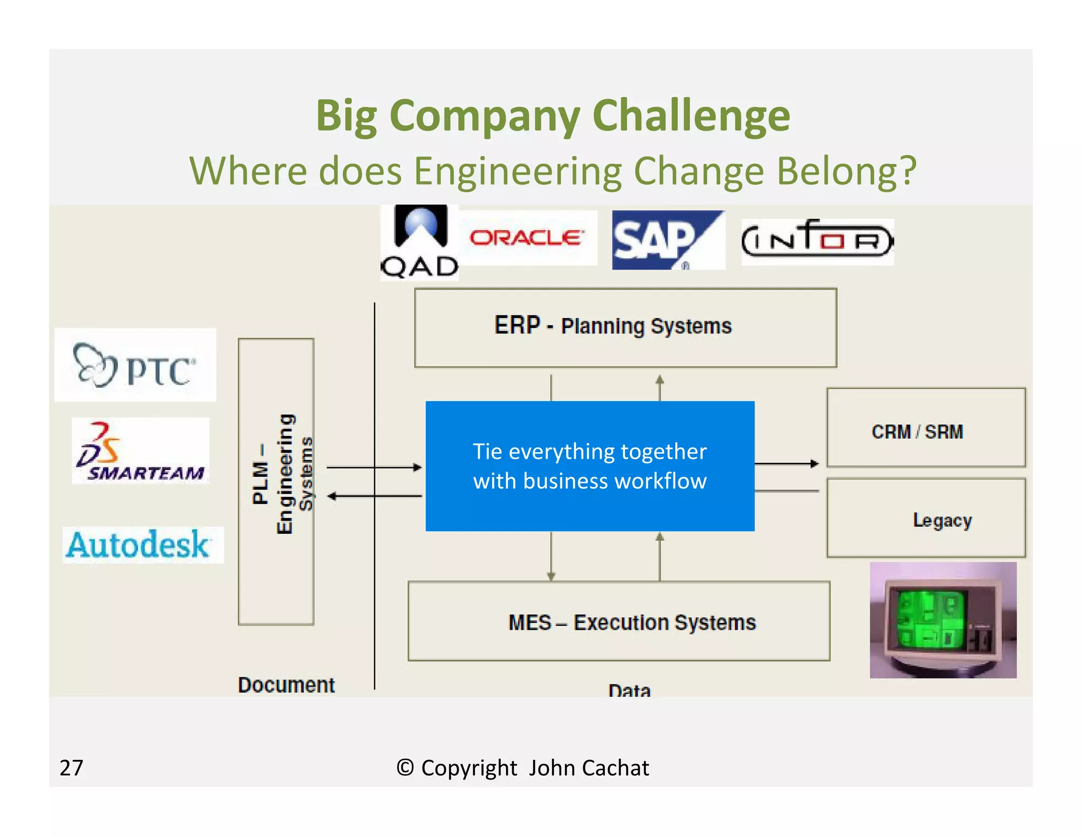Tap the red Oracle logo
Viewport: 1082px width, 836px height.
[x=527, y=238]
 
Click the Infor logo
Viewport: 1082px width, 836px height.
[x=817, y=241]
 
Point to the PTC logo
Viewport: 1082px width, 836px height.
[x=135, y=365]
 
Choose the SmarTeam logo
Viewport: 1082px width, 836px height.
[x=141, y=451]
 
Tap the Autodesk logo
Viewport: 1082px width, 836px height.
[x=143, y=545]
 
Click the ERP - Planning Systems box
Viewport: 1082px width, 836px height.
[x=625, y=328]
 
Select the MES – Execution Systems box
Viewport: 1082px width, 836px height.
[x=619, y=621]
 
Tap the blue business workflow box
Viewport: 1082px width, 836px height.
[x=590, y=466]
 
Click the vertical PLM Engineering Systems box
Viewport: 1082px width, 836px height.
[x=276, y=481]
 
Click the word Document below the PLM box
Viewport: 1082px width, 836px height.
[x=286, y=685]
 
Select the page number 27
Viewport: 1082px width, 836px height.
[x=71, y=767]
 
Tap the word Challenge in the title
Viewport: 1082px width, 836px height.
[x=691, y=116]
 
